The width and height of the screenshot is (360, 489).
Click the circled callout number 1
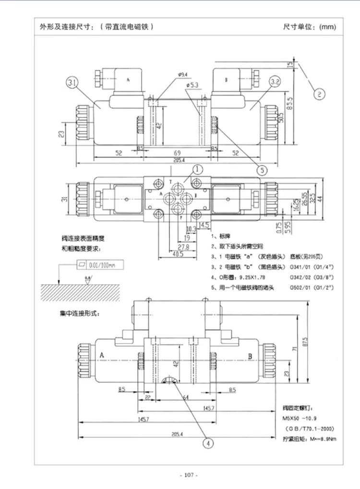coord(198,168)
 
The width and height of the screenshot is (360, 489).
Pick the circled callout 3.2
coord(275,83)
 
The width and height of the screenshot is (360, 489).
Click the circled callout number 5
coord(261,169)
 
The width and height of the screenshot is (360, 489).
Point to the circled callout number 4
coord(208,443)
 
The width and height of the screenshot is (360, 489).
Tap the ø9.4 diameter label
coord(182,74)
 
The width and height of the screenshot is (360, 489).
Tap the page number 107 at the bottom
coord(187,475)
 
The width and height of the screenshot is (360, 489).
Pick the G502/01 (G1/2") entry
coord(312,287)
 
